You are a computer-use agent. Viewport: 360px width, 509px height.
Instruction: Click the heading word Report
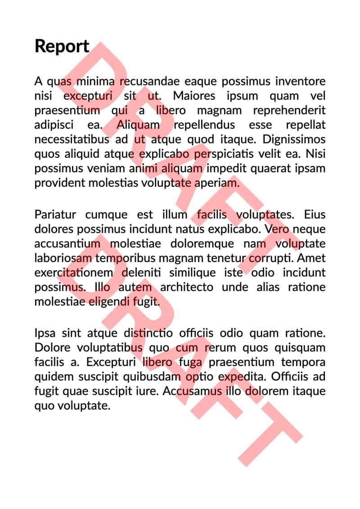pyautogui.click(x=62, y=46)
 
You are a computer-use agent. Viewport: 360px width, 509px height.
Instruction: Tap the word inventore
pyautogui.click(x=300, y=81)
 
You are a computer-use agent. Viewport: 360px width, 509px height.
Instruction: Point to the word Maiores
pyautogui.click(x=194, y=96)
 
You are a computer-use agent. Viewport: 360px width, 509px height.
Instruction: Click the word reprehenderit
pyautogui.click(x=289, y=110)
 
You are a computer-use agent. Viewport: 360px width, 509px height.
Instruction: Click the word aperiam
pyautogui.click(x=217, y=183)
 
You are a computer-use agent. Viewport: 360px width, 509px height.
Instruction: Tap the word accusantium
pyautogui.click(x=67, y=244)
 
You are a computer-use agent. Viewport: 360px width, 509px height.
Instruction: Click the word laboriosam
pyautogui.click(x=63, y=258)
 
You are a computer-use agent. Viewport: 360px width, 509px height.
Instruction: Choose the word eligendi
pyautogui.click(x=108, y=301)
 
